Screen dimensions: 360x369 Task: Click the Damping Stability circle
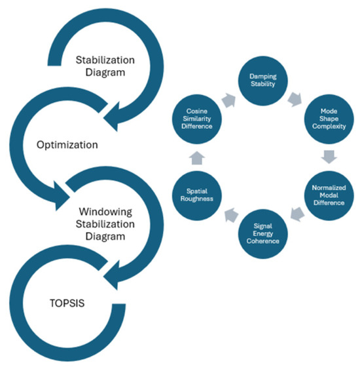click(262, 81)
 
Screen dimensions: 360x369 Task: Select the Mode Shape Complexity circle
click(329, 119)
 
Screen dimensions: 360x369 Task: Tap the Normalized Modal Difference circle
click(329, 195)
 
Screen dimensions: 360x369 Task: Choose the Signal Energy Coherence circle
click(262, 234)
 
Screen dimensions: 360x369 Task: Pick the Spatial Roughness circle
click(196, 195)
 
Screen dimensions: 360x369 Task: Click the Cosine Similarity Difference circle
click(196, 119)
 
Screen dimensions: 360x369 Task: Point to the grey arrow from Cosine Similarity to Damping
click(229, 100)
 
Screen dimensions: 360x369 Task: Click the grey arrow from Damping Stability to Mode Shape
click(295, 100)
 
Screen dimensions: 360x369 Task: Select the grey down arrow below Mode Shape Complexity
click(329, 157)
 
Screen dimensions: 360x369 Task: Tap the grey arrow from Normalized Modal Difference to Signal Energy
click(297, 214)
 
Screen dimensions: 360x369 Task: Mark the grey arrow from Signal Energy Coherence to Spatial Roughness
click(231, 215)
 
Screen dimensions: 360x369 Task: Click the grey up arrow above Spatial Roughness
click(197, 158)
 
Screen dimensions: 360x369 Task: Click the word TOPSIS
click(67, 303)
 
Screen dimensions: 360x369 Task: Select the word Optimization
click(67, 145)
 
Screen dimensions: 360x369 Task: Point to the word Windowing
click(105, 212)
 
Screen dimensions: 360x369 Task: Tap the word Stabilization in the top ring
click(105, 60)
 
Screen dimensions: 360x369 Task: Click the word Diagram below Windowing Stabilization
click(105, 237)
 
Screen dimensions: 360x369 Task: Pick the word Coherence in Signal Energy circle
click(263, 241)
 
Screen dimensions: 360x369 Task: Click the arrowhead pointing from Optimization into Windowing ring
click(62, 196)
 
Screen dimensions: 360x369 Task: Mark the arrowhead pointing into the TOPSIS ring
click(111, 275)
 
